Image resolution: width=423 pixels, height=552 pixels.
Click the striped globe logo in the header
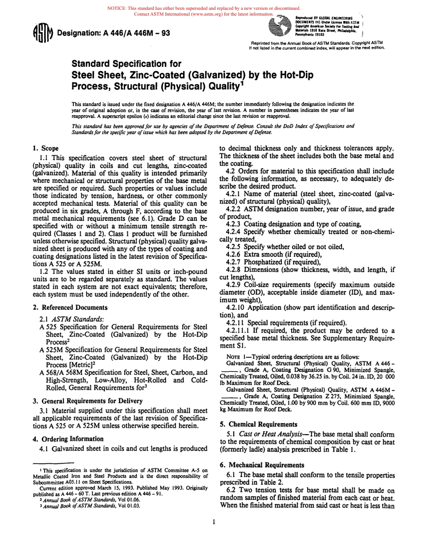[x=279, y=28]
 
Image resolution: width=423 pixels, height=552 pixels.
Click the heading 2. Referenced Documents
[x=70, y=307]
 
